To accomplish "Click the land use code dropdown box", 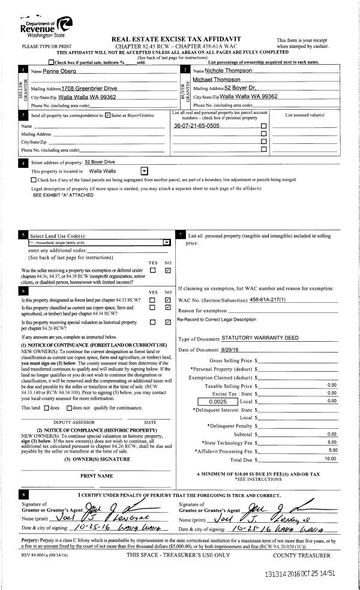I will (99, 242).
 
